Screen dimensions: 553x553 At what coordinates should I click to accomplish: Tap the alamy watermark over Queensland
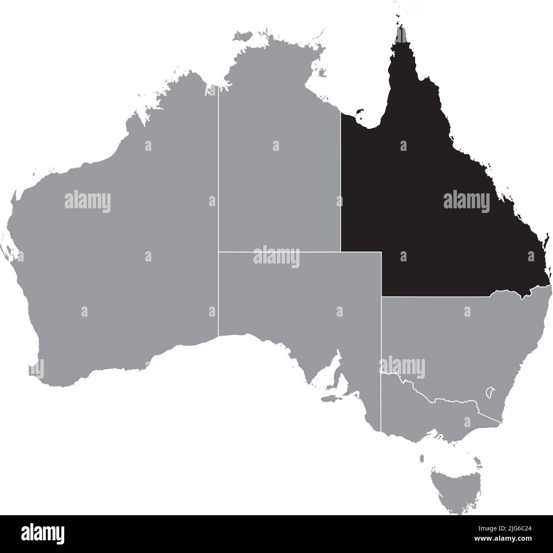(x=467, y=201)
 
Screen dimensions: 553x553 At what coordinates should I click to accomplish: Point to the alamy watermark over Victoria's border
(x=402, y=366)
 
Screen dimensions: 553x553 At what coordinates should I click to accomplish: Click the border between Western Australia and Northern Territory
(x=219, y=170)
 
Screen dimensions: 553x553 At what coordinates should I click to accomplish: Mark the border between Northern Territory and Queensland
(x=341, y=183)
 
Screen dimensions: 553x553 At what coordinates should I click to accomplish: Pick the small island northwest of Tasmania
(x=422, y=459)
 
